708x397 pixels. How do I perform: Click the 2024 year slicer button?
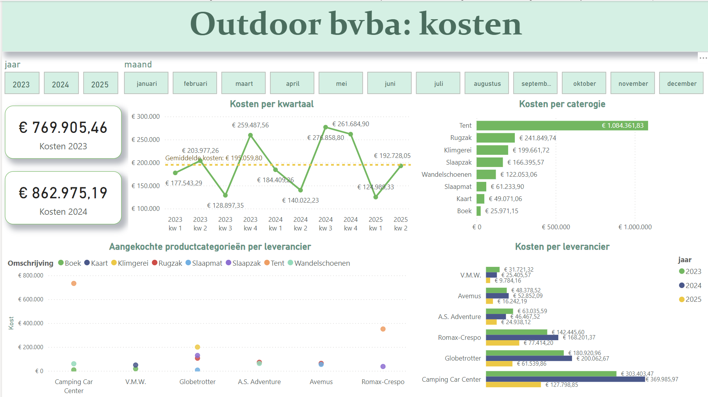[x=61, y=83]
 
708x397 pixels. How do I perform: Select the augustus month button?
[x=487, y=83]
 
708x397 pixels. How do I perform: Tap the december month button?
[x=681, y=83]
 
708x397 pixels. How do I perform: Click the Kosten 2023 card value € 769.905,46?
[x=63, y=128]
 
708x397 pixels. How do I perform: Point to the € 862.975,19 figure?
[x=63, y=193]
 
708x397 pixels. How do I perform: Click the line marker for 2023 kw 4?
[x=250, y=135]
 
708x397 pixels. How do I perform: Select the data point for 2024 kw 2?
[x=301, y=190]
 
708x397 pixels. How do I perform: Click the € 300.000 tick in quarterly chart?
[x=145, y=116]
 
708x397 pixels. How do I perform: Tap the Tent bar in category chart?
[x=562, y=125]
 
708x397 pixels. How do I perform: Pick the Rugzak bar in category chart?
[x=495, y=138]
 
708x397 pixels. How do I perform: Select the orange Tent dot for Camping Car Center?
[x=74, y=283]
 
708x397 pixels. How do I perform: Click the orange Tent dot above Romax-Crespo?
[x=383, y=329]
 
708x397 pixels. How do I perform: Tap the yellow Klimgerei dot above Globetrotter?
[x=197, y=347]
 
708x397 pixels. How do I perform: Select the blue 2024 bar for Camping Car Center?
[x=565, y=379]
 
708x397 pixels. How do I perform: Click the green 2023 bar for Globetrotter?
[x=524, y=353]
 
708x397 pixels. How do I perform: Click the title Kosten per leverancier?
[x=562, y=247]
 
